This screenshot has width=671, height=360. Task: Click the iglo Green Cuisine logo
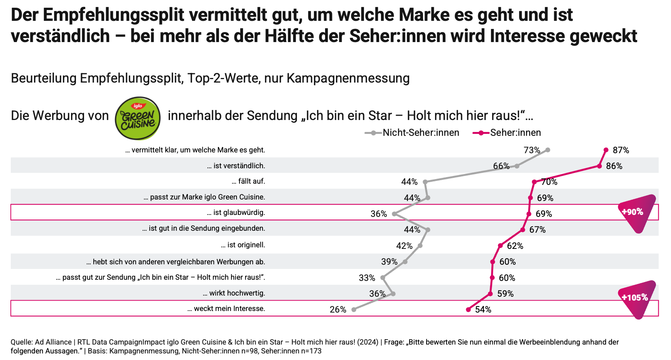pyautogui.click(x=138, y=118)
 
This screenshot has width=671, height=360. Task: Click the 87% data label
pyautogui.click(x=621, y=150)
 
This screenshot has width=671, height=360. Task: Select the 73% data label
pyautogui.click(x=532, y=150)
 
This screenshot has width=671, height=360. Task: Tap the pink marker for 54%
pyautogui.click(x=468, y=309)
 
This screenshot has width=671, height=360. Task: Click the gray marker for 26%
pyautogui.click(x=354, y=309)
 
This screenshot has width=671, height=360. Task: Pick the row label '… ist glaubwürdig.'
pyautogui.click(x=236, y=213)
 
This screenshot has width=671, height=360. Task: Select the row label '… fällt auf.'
pyautogui.click(x=248, y=181)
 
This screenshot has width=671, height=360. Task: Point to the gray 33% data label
pyautogui.click(x=367, y=278)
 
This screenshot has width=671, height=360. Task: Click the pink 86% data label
pyautogui.click(x=614, y=166)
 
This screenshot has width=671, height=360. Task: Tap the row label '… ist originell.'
pyautogui.click(x=243, y=245)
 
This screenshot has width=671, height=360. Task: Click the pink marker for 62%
pyautogui.click(x=500, y=245)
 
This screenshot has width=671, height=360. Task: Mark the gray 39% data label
pyautogui.click(x=389, y=262)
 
